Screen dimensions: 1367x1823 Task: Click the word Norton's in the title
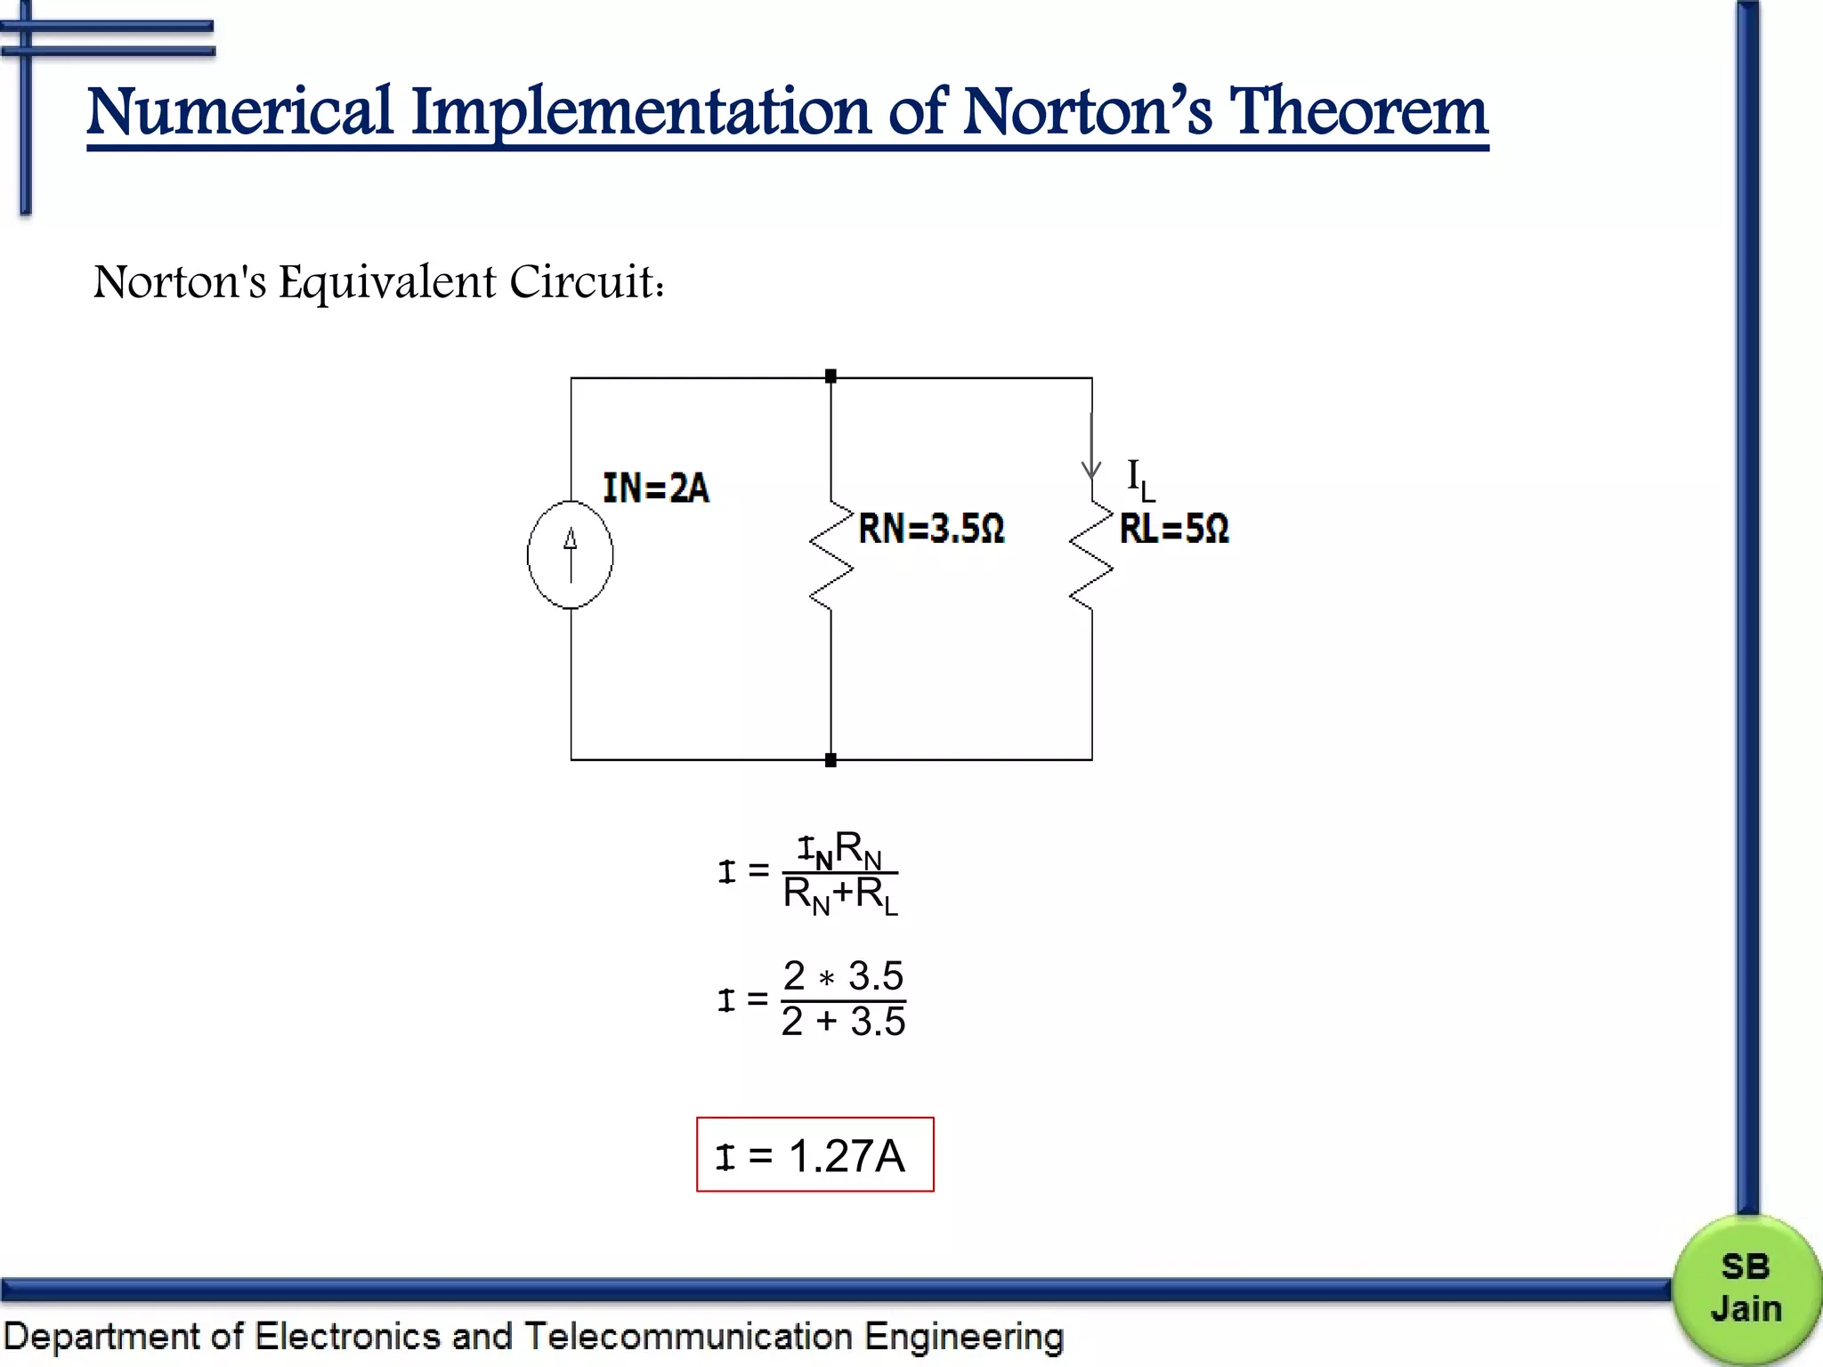[x=1087, y=112]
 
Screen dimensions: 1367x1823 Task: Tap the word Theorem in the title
[x=1358, y=112]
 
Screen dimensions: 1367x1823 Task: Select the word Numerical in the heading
[x=239, y=112]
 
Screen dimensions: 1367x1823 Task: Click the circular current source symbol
[x=570, y=554]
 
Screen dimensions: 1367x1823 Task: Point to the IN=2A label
[x=656, y=489]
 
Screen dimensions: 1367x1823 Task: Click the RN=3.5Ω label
[x=931, y=529]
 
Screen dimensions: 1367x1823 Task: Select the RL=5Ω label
[x=1174, y=529]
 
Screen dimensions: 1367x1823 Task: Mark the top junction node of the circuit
[x=830, y=376]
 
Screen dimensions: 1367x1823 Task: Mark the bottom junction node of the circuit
[x=830, y=760]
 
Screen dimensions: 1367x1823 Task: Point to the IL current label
[x=1140, y=480]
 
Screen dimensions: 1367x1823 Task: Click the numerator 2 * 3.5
[x=843, y=976]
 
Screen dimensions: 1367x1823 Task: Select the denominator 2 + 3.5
[x=843, y=1022]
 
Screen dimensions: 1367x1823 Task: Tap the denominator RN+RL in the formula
[x=840, y=894]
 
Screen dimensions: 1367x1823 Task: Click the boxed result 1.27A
[x=814, y=1155]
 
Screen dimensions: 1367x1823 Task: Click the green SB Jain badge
[x=1745, y=1289]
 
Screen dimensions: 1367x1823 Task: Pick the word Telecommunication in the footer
[x=688, y=1337]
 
